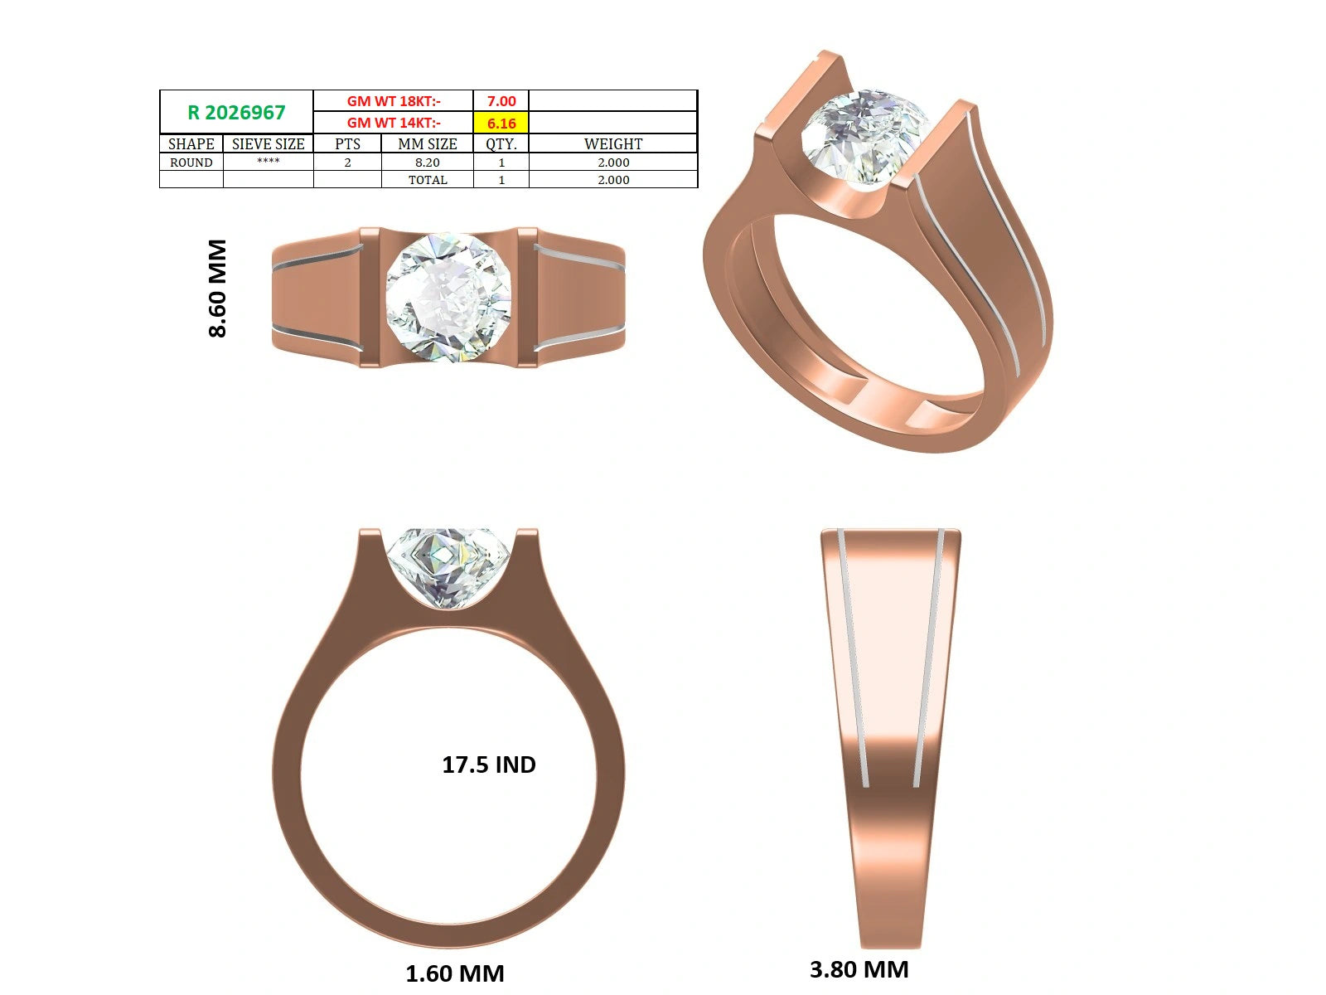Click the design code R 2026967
point(236,113)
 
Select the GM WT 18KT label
point(394,101)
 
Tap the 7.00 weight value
point(501,101)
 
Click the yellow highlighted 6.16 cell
point(501,123)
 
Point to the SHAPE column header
point(191,143)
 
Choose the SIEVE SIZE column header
point(269,143)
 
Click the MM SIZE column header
point(427,143)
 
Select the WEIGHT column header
point(613,143)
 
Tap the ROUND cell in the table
point(191,163)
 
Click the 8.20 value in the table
point(427,163)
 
